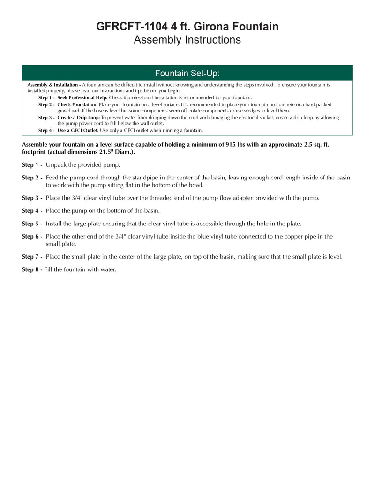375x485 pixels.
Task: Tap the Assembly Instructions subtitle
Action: (x=187, y=40)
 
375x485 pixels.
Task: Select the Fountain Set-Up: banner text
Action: (x=187, y=74)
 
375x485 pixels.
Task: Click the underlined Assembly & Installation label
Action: (x=52, y=85)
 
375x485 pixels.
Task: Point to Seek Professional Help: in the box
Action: (x=82, y=97)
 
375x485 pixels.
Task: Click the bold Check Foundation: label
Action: (x=77, y=104)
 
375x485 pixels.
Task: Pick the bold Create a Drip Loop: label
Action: (x=79, y=118)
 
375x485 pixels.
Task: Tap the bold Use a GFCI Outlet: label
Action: (x=78, y=130)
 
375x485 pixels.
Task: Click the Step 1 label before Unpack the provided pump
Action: (x=32, y=165)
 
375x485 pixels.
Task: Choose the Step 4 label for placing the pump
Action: (x=32, y=211)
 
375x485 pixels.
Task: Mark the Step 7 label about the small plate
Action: (x=32, y=257)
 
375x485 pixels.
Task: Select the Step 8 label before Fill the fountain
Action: (x=32, y=269)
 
